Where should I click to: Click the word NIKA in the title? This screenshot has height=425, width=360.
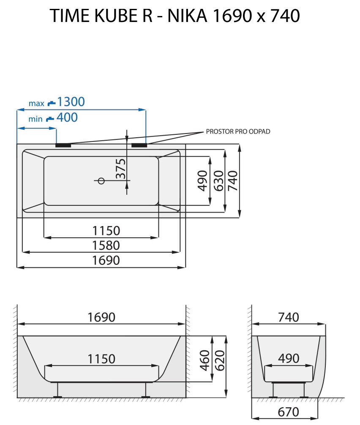[x=187, y=16]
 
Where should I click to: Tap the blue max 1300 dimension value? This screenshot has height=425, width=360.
[x=71, y=102]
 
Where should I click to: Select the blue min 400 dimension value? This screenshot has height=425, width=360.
[x=67, y=117]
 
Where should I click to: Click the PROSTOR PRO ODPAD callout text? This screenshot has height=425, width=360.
[x=238, y=131]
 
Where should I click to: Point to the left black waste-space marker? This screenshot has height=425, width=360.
[x=63, y=145]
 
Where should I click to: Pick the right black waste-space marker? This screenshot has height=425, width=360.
[x=139, y=145]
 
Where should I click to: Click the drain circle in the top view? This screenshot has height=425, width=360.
[x=101, y=181]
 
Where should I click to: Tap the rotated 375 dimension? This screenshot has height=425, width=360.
[x=121, y=168]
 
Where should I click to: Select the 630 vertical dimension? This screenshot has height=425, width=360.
[x=218, y=181]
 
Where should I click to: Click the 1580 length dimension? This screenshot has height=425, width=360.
[x=106, y=245]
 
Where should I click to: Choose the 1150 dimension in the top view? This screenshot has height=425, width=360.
[x=106, y=231]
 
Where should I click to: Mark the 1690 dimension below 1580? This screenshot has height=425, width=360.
[x=106, y=260]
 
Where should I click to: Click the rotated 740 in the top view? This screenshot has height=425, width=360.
[x=233, y=181]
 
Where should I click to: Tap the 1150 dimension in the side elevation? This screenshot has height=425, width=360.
[x=101, y=359]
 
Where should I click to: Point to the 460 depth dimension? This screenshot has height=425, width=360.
[x=205, y=360]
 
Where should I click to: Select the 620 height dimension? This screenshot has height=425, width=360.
[x=220, y=360]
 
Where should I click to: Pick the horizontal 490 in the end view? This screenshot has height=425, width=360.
[x=289, y=358]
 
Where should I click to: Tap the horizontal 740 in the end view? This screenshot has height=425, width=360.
[x=289, y=317]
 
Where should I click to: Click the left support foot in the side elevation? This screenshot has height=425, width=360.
[x=57, y=390]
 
